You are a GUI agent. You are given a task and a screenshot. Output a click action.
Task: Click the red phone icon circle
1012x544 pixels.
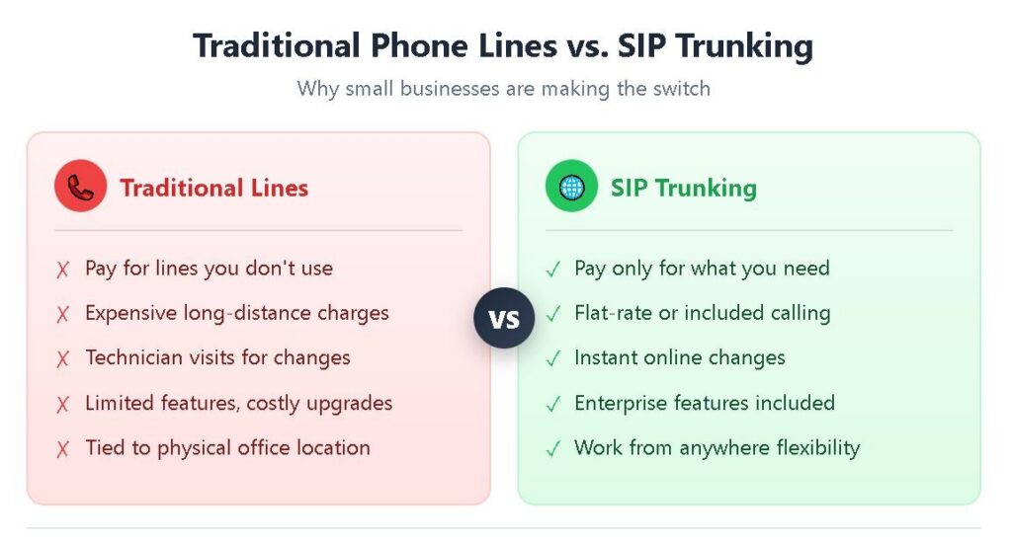coord(81,186)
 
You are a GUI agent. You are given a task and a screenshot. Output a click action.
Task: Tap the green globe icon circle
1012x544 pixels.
coord(571,186)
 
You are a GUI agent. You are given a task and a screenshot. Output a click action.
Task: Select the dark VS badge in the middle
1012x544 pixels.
coord(504,318)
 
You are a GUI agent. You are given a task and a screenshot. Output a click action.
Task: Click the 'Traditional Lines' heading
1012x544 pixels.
coord(214,188)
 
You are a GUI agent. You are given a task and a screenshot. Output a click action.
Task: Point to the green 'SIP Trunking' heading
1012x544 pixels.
coord(684,188)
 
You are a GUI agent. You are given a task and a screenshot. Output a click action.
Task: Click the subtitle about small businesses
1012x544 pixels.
coord(503,88)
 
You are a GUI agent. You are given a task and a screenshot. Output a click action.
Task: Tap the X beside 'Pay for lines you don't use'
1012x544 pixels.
coord(62,269)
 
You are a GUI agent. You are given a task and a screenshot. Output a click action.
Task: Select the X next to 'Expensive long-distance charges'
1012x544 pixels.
coord(62,314)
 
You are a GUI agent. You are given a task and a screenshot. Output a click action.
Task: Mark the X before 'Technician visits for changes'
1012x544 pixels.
coord(62,358)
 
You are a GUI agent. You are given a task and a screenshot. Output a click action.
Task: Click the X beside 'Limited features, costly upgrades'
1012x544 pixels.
coord(62,404)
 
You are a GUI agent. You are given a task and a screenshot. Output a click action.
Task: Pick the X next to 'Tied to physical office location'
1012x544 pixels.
coord(62,448)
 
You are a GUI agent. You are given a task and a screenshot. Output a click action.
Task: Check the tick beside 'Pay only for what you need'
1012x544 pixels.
coord(553,269)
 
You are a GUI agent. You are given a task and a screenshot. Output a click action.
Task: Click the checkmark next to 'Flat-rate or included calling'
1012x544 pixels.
coord(553,314)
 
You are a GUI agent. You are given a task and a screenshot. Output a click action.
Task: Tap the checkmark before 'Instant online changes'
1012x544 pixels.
coord(553,358)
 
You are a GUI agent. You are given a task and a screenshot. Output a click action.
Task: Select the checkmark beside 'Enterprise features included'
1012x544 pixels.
coord(553,404)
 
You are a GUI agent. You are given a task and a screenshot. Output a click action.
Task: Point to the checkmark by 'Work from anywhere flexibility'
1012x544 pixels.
coord(553,448)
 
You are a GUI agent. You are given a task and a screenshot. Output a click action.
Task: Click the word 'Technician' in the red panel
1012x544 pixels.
coord(134,357)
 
